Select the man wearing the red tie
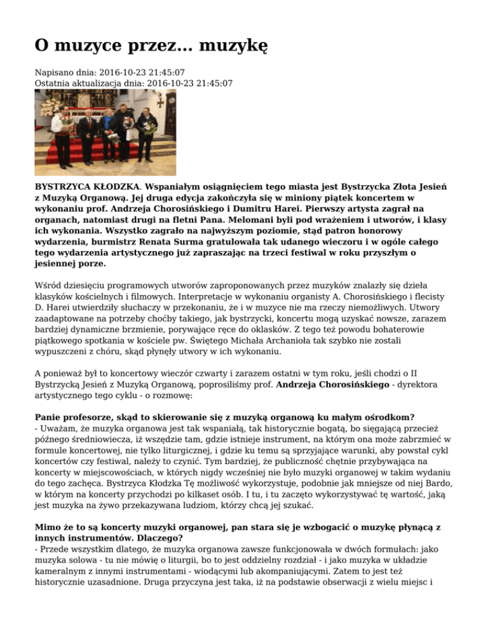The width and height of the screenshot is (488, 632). point(88,127)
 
